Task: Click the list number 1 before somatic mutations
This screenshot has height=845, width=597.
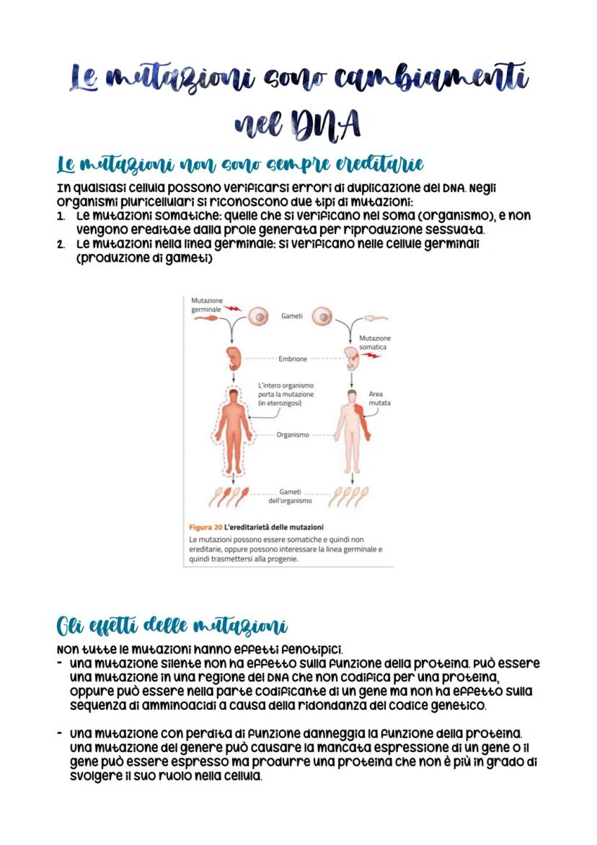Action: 62,215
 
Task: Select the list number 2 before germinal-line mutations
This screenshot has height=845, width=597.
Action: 62,244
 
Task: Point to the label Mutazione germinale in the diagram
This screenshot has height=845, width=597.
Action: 207,305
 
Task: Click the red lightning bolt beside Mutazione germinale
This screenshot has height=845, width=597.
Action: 233,308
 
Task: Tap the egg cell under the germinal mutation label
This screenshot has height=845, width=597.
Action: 257,317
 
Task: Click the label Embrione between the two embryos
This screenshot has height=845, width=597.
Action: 293,359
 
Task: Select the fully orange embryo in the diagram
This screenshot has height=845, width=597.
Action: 233,358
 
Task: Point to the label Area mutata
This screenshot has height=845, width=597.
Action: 379,398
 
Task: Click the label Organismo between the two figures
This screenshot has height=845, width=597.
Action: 293,435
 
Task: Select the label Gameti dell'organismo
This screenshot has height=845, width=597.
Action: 290,496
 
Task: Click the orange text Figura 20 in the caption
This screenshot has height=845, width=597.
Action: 205,527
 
